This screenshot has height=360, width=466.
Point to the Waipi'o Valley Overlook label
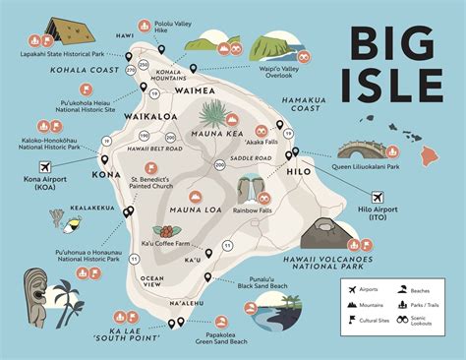click(284, 76)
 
